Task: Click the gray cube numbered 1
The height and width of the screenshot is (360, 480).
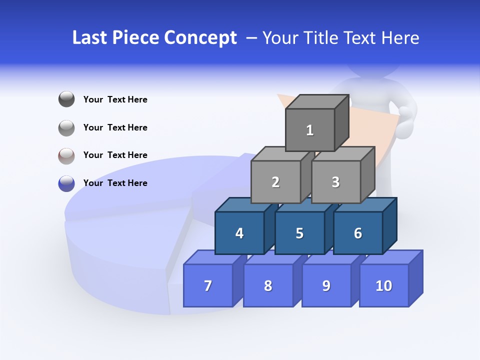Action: [x=310, y=130]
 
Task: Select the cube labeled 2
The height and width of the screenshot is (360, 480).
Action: [x=275, y=182]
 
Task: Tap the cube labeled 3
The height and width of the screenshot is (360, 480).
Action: [x=335, y=182]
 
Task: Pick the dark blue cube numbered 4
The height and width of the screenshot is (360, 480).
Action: [x=239, y=233]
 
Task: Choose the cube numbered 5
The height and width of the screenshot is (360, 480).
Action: [x=299, y=233]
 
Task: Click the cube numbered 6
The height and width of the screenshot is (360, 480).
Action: [x=358, y=233]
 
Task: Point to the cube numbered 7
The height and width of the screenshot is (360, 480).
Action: [x=208, y=285]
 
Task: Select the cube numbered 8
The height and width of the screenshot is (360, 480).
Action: [x=268, y=285]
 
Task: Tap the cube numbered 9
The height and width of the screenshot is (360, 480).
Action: [x=326, y=285]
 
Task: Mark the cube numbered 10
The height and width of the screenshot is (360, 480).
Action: [x=384, y=285]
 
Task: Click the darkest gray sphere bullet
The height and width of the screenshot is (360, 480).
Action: [x=66, y=99]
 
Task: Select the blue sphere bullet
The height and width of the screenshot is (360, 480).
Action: [x=66, y=183]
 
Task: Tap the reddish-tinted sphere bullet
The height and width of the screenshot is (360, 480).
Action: [x=66, y=155]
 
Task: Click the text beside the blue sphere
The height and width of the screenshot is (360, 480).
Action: [x=115, y=183]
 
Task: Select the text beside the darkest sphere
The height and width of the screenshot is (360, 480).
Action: [x=115, y=99]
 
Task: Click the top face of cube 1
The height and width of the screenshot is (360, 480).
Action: [x=317, y=101]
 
